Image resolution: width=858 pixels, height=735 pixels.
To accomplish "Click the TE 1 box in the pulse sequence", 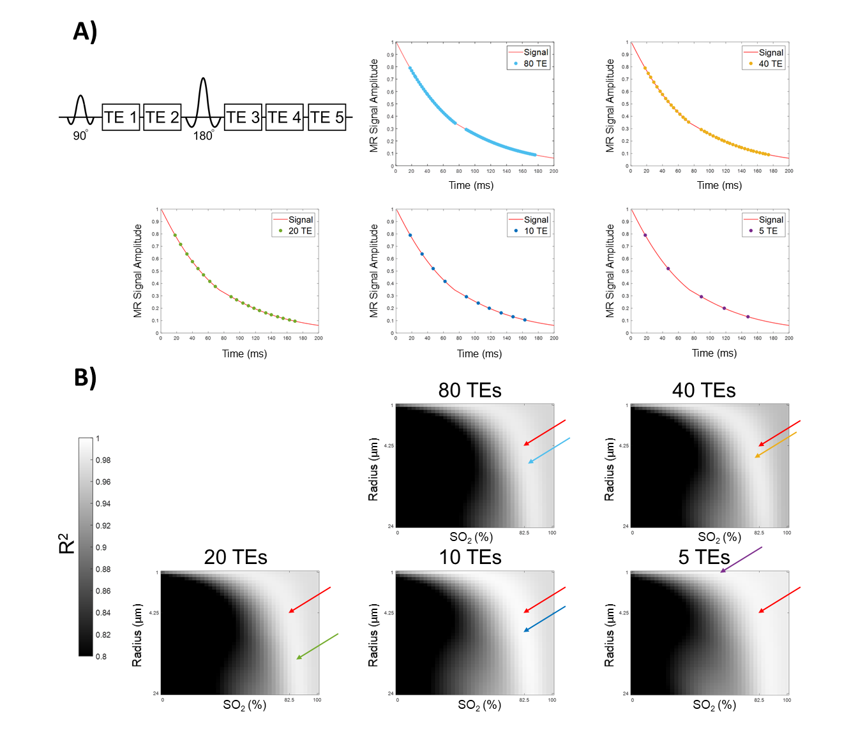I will coord(121,117).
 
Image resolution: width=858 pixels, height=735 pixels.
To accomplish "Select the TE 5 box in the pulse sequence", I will coord(327,117).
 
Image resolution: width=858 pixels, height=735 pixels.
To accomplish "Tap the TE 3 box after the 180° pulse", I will coord(243,117).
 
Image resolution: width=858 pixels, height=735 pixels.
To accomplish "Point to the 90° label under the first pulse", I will coord(80,136).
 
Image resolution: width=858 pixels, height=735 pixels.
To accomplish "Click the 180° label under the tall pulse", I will coord(203,136).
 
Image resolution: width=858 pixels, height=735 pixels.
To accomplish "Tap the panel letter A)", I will coord(85,31).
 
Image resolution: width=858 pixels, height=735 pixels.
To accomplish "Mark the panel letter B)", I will coord(85,377).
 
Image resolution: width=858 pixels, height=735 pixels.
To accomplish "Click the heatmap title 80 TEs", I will coord(470,390).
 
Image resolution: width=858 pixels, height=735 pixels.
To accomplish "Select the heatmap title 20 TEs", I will coord(236,557).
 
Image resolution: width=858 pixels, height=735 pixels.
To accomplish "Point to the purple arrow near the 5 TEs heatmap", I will coord(741,560).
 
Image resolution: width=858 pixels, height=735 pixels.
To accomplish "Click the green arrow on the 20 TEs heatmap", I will coord(317,646).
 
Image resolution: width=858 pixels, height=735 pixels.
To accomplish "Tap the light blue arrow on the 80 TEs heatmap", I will coord(549,450).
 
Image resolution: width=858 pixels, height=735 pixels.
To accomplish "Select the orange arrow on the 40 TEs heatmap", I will coord(776,445).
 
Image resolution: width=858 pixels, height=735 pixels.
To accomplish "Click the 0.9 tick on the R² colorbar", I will coord(101,547).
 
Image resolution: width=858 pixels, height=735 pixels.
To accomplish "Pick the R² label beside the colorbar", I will coord(66,544).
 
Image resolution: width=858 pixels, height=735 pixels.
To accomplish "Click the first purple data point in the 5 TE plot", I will coord(645,235).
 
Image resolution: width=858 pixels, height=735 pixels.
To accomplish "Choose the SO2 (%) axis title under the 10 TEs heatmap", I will coord(479,705).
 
